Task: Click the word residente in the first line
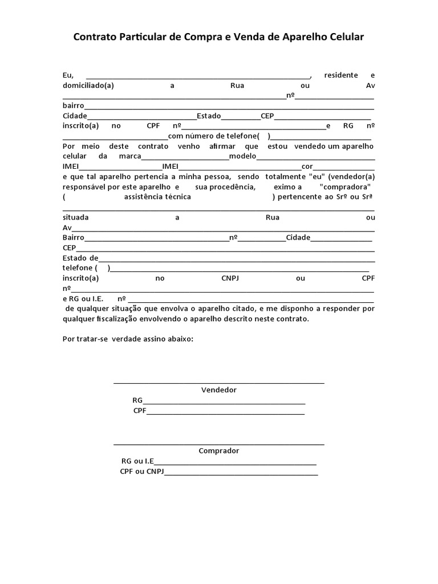[340, 75]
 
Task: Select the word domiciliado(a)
[88, 86]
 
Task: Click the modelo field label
[243, 156]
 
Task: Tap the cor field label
[307, 167]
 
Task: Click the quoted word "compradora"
[346, 187]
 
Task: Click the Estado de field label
[80, 258]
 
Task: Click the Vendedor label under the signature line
[218, 390]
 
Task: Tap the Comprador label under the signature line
[218, 451]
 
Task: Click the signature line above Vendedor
[218, 383]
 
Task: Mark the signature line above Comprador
[218, 443]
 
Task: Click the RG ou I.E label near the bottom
[137, 461]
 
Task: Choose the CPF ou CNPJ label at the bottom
[141, 472]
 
